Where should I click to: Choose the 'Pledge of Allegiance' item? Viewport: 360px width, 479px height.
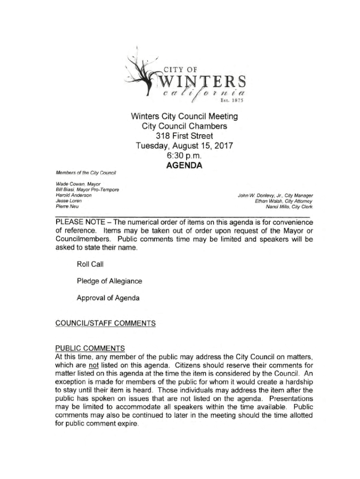(x=109, y=281)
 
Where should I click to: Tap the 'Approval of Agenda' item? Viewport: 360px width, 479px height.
(x=108, y=298)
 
